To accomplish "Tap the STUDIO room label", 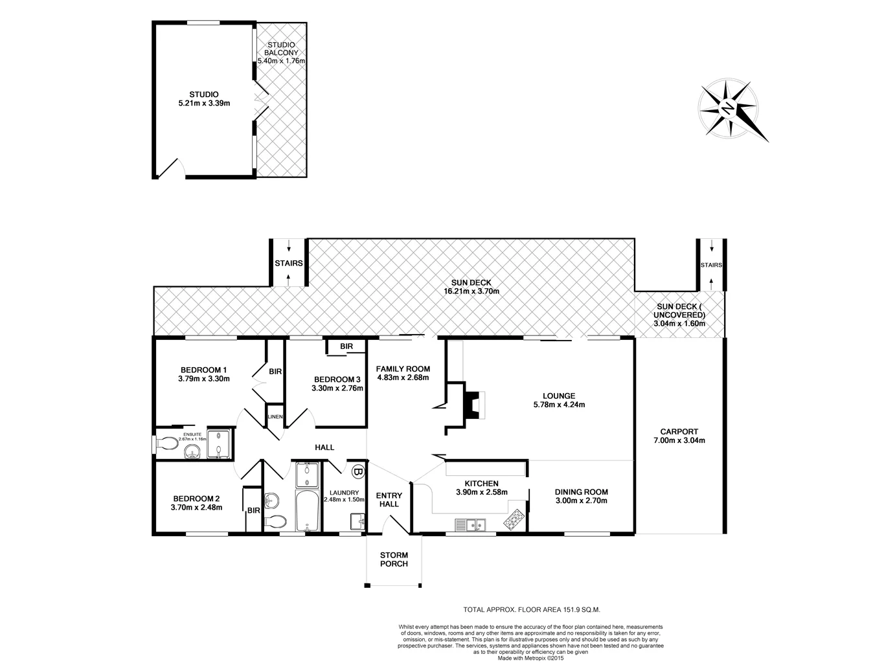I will pos(204,95).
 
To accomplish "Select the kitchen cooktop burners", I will pos(516,519).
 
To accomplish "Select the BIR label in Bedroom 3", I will pos(346,347).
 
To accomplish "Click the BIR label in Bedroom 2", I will pos(253,510).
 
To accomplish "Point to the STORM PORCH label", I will pos(394,559).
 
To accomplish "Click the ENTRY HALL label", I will pos(389,500).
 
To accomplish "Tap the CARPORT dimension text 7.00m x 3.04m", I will pos(679,440).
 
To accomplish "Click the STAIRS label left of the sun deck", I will pos(288,264).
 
